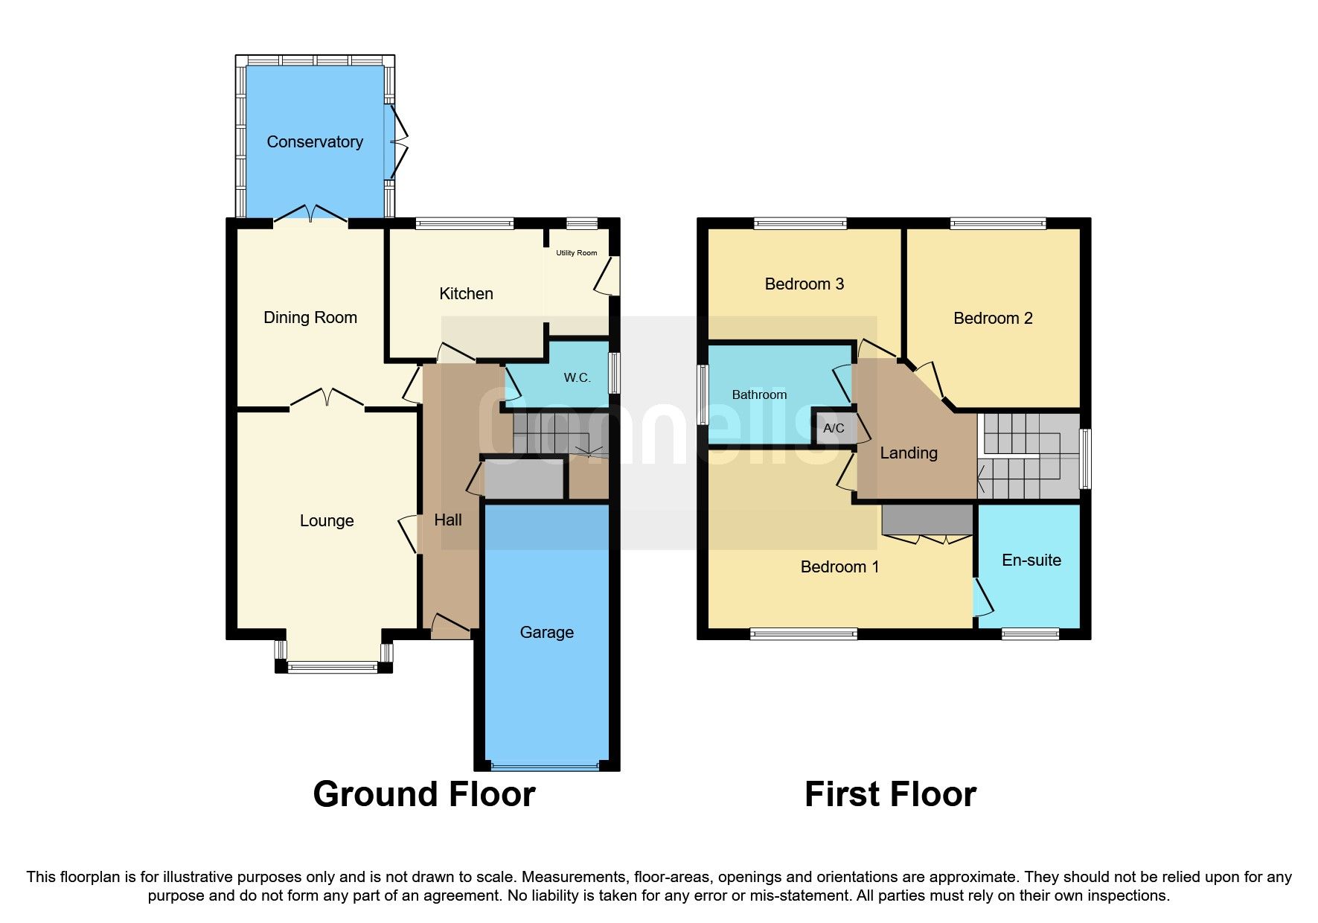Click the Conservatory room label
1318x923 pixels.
pyautogui.click(x=315, y=141)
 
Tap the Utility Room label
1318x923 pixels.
pyautogui.click(x=576, y=253)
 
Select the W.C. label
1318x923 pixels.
pyautogui.click(x=577, y=378)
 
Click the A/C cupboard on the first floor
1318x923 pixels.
pyautogui.click(x=834, y=428)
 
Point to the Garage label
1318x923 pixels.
pyautogui.click(x=546, y=632)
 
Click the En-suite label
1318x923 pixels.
pyautogui.click(x=1031, y=560)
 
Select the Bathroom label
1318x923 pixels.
pyautogui.click(x=759, y=395)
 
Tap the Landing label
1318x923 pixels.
pyautogui.click(x=908, y=453)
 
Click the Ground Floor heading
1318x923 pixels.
pyautogui.click(x=423, y=794)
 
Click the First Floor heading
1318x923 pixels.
pyautogui.click(x=890, y=794)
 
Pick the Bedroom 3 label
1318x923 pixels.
pyautogui.click(x=804, y=284)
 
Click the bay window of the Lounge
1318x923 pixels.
pyautogui.click(x=333, y=667)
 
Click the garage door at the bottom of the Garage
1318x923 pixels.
pyautogui.click(x=545, y=765)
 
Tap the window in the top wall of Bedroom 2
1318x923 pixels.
pyautogui.click(x=997, y=223)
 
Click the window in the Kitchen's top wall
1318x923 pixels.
pyautogui.click(x=464, y=223)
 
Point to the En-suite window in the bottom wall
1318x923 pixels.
pyautogui.click(x=1030, y=634)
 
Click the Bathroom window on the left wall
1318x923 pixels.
pyautogui.click(x=703, y=395)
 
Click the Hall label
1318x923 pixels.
pyautogui.click(x=448, y=520)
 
